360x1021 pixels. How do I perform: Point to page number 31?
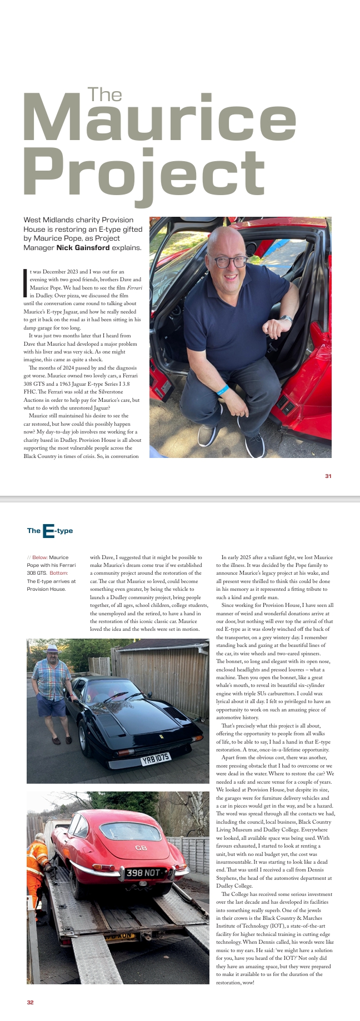pyautogui.click(x=328, y=476)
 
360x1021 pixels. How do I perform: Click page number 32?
pyautogui.click(x=30, y=1002)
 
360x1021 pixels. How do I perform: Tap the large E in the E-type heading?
pyautogui.click(x=48, y=531)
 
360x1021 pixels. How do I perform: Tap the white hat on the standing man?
pyautogui.click(x=53, y=648)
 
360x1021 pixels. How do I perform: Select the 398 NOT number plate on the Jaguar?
pyautogui.click(x=143, y=873)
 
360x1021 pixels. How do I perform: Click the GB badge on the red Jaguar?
pyautogui.click(x=141, y=848)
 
